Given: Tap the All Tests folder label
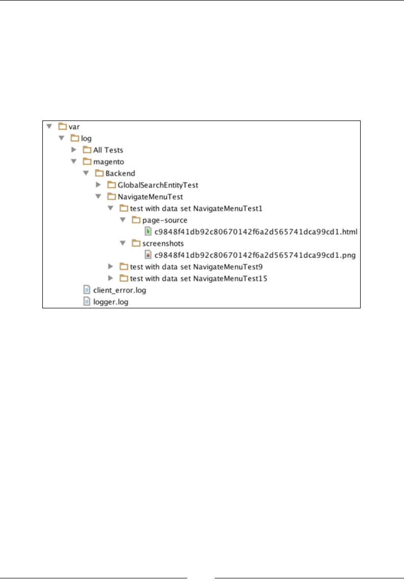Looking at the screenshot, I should pyautogui.click(x=108, y=150).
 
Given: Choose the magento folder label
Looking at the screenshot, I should pyautogui.click(x=108, y=162).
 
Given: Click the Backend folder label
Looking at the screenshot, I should pyautogui.click(x=120, y=174).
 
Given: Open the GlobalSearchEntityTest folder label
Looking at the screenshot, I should pyautogui.click(x=158, y=185).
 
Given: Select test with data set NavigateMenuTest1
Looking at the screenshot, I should pyautogui.click(x=196, y=208).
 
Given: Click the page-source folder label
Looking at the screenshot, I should pyautogui.click(x=165, y=220).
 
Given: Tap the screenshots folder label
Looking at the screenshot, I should pyautogui.click(x=163, y=244).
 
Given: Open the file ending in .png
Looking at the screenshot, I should pyautogui.click(x=255, y=255).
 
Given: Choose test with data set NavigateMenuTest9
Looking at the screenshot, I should pyautogui.click(x=196, y=266).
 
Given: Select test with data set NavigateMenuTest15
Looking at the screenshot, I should pyautogui.click(x=198, y=278).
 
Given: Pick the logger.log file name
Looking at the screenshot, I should pyautogui.click(x=111, y=302).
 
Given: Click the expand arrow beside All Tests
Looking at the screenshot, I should pyautogui.click(x=73, y=150).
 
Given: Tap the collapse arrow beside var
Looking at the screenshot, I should pyautogui.click(x=49, y=127).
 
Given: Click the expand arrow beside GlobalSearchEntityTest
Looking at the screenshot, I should pyautogui.click(x=98, y=185).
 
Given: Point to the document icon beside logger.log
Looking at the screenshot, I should pyautogui.click(x=87, y=302).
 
